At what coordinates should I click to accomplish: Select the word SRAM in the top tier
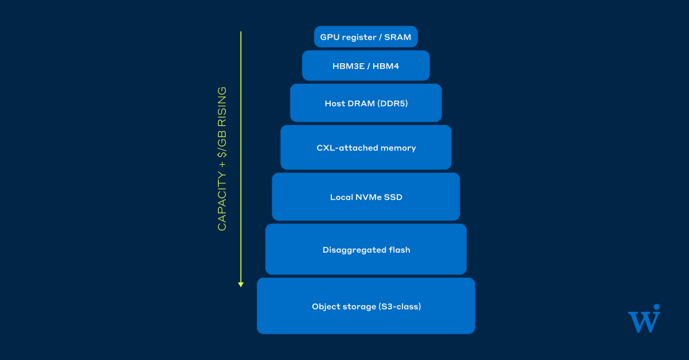[397, 37]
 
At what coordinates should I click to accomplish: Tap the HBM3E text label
[349, 66]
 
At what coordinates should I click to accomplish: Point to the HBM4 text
[386, 66]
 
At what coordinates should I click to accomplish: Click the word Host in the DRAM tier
[335, 103]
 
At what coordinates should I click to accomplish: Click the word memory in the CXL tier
[398, 149]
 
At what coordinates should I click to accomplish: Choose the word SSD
[393, 198]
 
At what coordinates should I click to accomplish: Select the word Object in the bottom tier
[325, 307]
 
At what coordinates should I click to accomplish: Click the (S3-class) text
[400, 307]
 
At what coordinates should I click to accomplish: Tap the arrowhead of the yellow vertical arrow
[241, 285]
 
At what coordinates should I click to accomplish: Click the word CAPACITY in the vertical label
[222, 201]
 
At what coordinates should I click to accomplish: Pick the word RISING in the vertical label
[222, 107]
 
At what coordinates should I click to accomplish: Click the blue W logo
[644, 322]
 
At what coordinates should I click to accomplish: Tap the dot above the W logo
[657, 307]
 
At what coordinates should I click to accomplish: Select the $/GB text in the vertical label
[222, 144]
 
